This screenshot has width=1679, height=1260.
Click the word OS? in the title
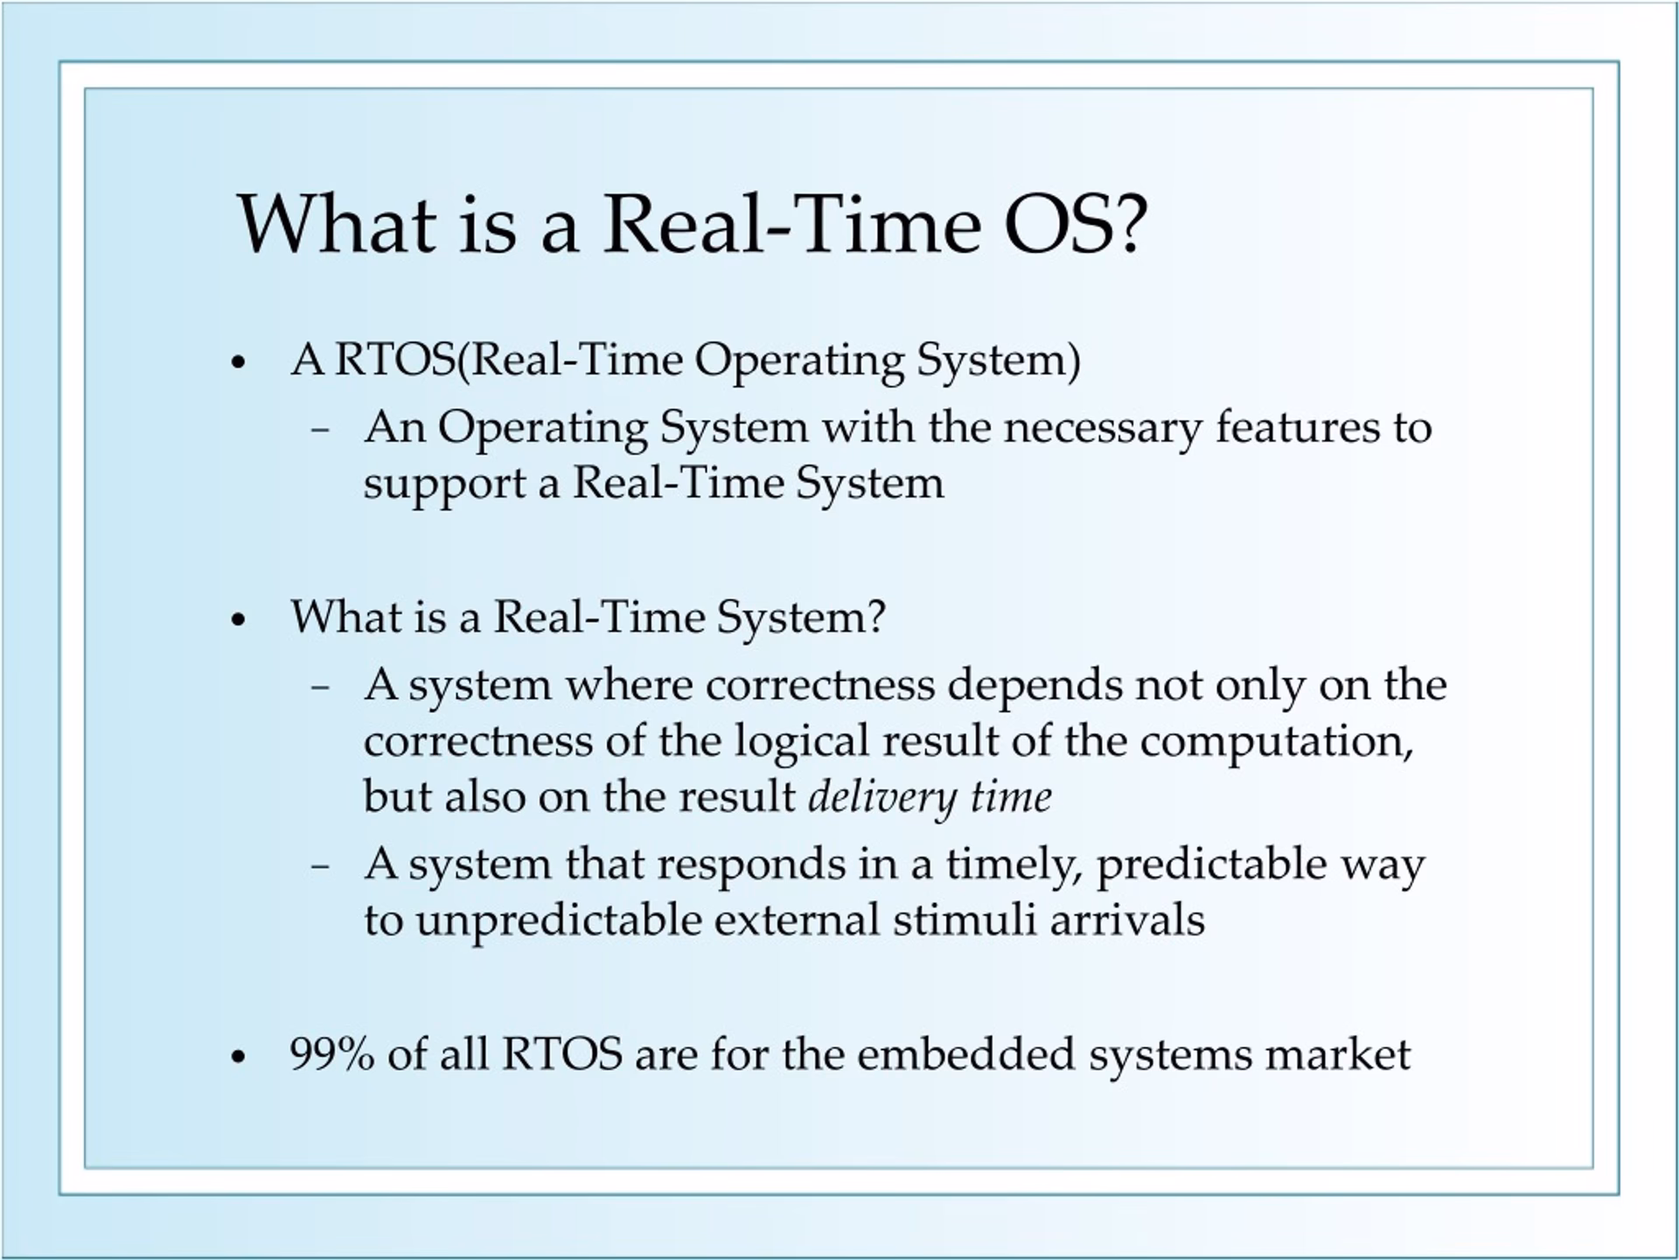1075,225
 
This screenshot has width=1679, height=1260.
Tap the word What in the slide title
337,225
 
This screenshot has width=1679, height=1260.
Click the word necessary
1103,429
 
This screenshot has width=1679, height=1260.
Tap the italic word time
1012,798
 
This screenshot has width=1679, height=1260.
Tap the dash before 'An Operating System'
320,430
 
